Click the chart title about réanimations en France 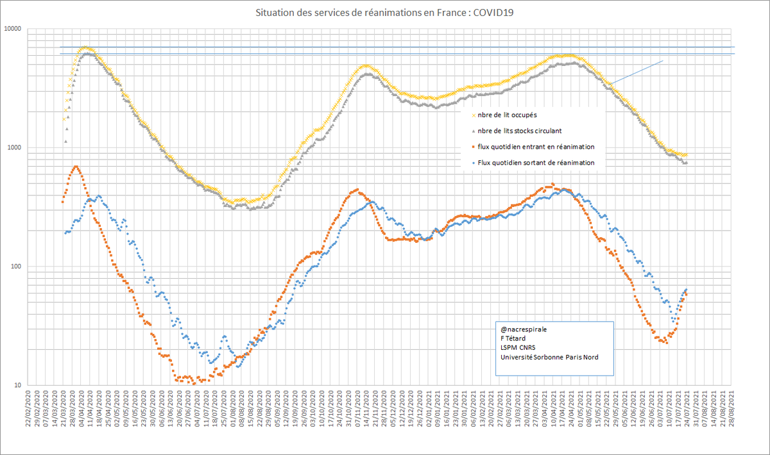(x=385, y=12)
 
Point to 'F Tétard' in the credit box (x=512, y=338)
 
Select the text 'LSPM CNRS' (x=517, y=348)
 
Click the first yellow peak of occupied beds (x=87, y=48)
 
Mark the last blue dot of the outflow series (x=686, y=290)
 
